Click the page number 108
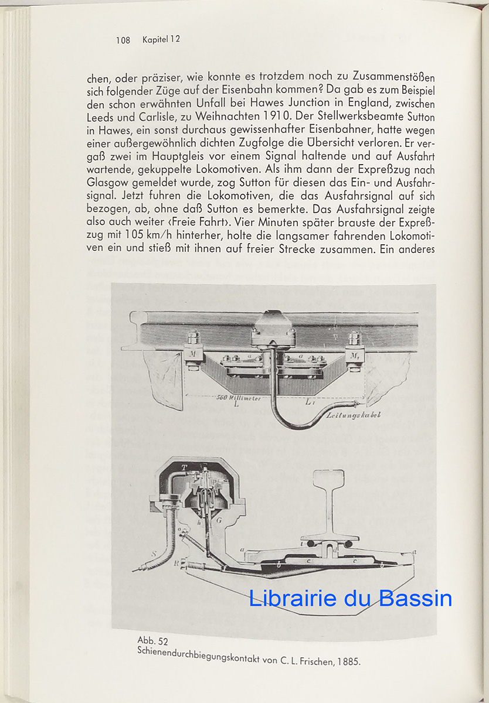pyautogui.click(x=123, y=40)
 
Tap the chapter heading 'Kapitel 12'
pyautogui.click(x=161, y=40)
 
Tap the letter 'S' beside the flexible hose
pyautogui.click(x=154, y=553)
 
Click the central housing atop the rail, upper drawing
pyautogui.click(x=273, y=324)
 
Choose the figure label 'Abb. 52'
pyautogui.click(x=152, y=640)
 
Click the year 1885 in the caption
pyautogui.click(x=349, y=662)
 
